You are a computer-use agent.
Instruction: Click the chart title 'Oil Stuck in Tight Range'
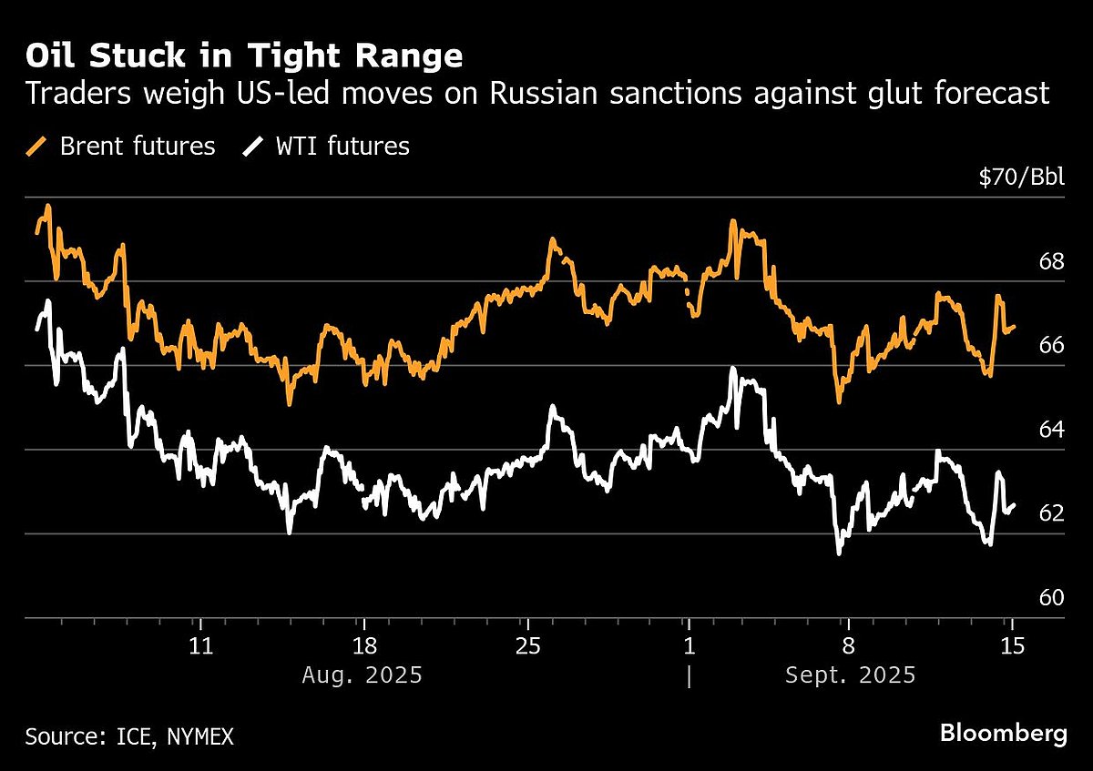[x=244, y=56]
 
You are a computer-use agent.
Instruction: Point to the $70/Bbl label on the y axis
[x=1021, y=178]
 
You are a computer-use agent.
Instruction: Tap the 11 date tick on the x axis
[x=200, y=646]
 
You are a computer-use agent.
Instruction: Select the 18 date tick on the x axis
[x=363, y=646]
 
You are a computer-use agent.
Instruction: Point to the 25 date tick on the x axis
[x=526, y=646]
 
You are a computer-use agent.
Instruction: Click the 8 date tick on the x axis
[x=849, y=646]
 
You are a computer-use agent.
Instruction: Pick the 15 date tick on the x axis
[x=1011, y=646]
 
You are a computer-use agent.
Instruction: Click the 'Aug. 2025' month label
[x=363, y=675]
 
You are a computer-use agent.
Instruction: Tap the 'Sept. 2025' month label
[x=849, y=675]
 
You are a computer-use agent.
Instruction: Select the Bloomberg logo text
[x=1003, y=733]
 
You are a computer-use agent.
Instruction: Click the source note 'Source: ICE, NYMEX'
[x=129, y=736]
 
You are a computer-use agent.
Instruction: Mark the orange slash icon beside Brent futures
[x=38, y=146]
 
